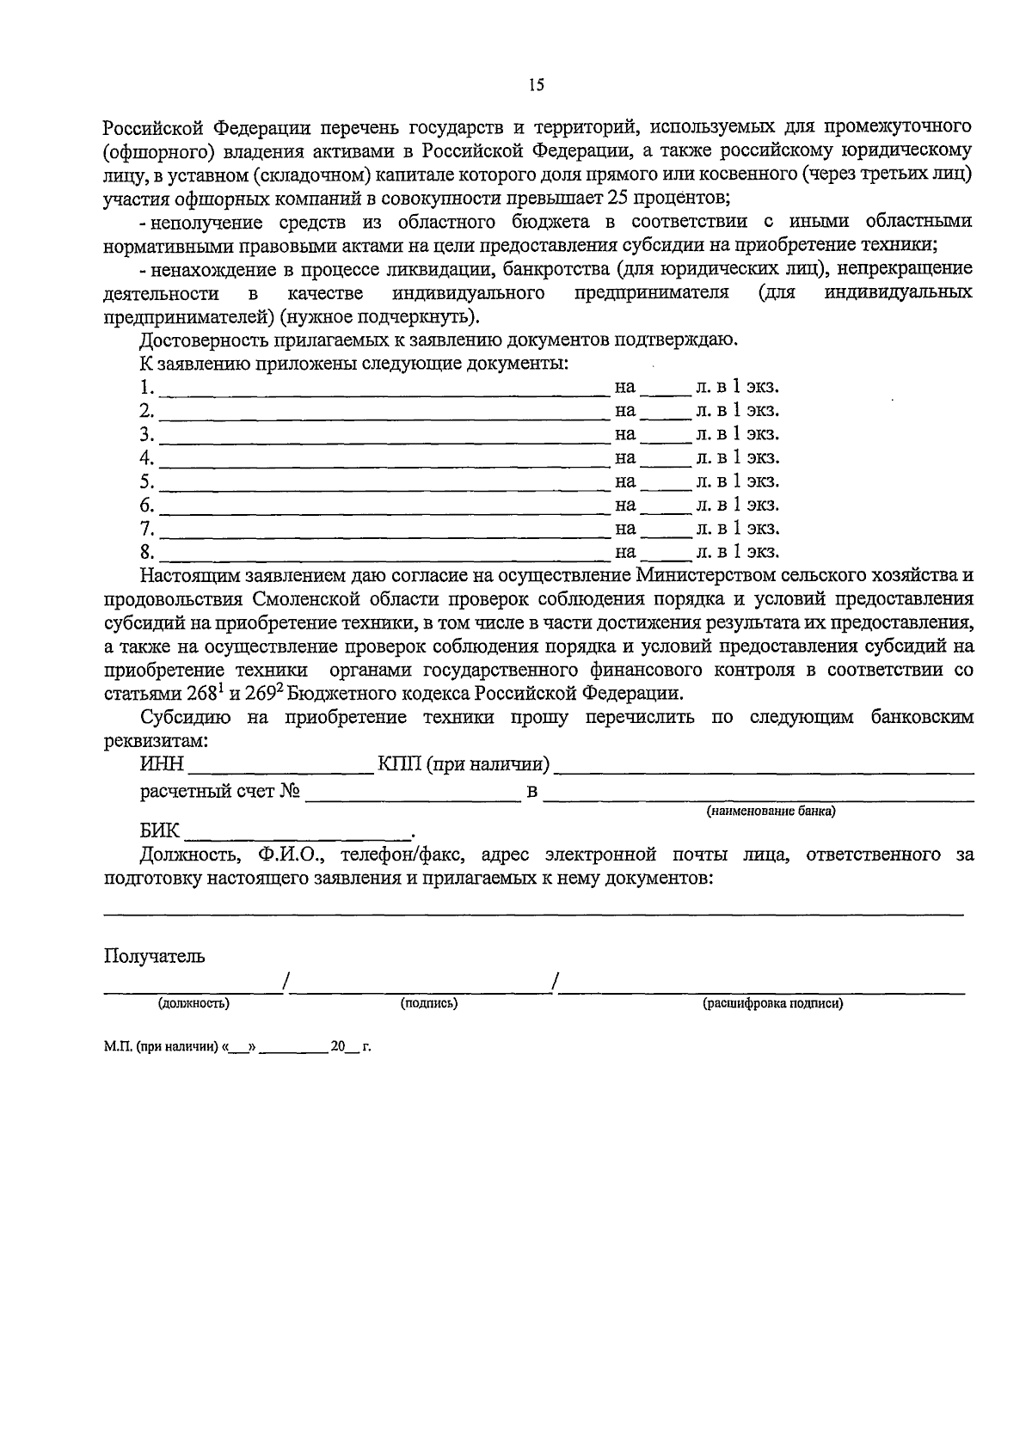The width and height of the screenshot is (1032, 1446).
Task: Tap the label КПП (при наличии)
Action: (x=464, y=763)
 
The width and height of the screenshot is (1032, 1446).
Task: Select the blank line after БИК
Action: (x=298, y=834)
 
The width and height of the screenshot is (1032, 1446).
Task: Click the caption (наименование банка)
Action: (x=771, y=811)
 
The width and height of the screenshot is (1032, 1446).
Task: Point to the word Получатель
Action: (x=155, y=956)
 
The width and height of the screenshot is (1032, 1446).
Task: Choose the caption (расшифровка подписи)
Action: (x=772, y=1002)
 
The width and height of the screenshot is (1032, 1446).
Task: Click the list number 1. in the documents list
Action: (x=147, y=387)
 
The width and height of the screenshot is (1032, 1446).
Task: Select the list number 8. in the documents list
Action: (x=147, y=551)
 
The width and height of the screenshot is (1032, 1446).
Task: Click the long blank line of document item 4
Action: (x=384, y=463)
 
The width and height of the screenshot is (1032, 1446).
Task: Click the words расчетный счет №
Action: (x=220, y=790)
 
